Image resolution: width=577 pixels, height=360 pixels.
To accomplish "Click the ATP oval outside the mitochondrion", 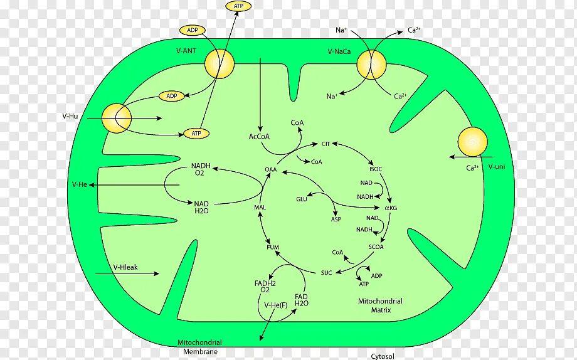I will pyautogui.click(x=238, y=6).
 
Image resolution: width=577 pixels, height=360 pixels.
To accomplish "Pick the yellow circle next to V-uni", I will pyautogui.click(x=472, y=141).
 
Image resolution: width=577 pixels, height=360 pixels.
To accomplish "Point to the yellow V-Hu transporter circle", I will pyautogui.click(x=116, y=118).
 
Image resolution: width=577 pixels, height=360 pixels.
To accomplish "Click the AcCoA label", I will pyautogui.click(x=258, y=136).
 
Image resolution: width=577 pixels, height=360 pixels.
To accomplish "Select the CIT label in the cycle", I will pyautogui.click(x=326, y=144).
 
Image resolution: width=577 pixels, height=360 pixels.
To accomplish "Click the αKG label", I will pyautogui.click(x=391, y=208).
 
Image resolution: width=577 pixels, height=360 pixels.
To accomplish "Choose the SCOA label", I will pyautogui.click(x=376, y=247).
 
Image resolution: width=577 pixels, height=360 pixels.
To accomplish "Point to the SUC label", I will pyautogui.click(x=326, y=272).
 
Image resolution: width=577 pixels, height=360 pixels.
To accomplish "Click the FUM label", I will pyautogui.click(x=273, y=247).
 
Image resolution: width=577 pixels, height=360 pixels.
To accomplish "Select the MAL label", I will pyautogui.click(x=260, y=208).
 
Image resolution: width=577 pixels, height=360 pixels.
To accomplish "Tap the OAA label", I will pyautogui.click(x=270, y=169).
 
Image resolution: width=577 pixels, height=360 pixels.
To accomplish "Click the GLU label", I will pyautogui.click(x=302, y=199).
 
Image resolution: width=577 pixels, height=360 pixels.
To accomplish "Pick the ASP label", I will pyautogui.click(x=336, y=220).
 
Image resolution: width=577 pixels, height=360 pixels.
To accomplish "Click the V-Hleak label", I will pyautogui.click(x=125, y=267).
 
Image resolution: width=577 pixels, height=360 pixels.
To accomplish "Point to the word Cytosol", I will pyautogui.click(x=382, y=356).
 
